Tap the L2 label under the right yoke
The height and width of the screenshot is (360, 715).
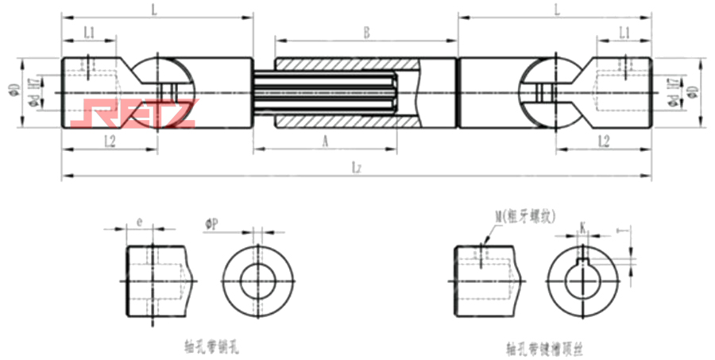[x=604, y=141]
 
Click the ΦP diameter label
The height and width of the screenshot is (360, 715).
[x=212, y=225]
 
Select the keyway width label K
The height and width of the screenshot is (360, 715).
[x=583, y=226]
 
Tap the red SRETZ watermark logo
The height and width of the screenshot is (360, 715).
[x=132, y=113]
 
